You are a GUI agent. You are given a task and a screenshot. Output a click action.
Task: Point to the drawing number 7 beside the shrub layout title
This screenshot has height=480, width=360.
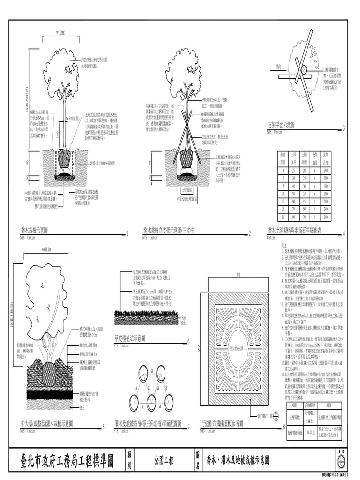(x=188, y=427)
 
